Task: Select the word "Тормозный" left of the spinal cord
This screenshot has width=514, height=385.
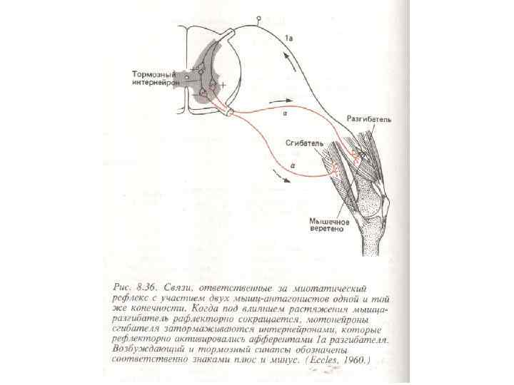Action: tap(156, 73)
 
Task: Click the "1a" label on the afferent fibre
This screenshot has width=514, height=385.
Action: tap(288, 36)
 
